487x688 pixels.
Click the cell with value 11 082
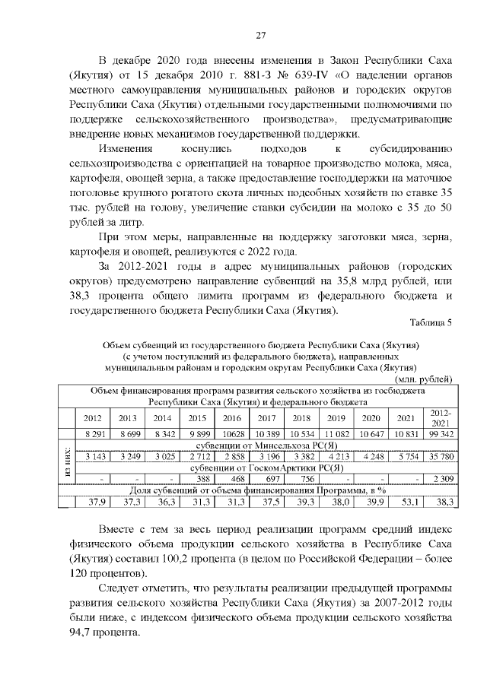(336, 433)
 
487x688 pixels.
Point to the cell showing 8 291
(91, 433)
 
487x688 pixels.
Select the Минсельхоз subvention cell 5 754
(406, 456)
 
